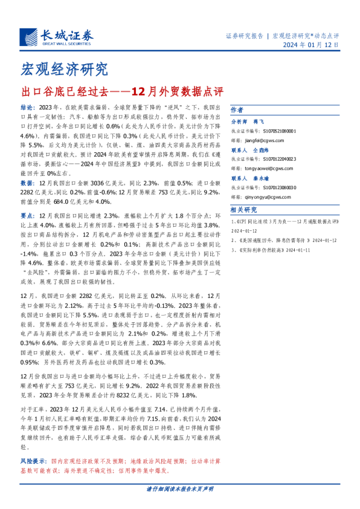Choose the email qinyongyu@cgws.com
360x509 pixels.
[277, 196]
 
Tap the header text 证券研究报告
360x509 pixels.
[243, 35]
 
